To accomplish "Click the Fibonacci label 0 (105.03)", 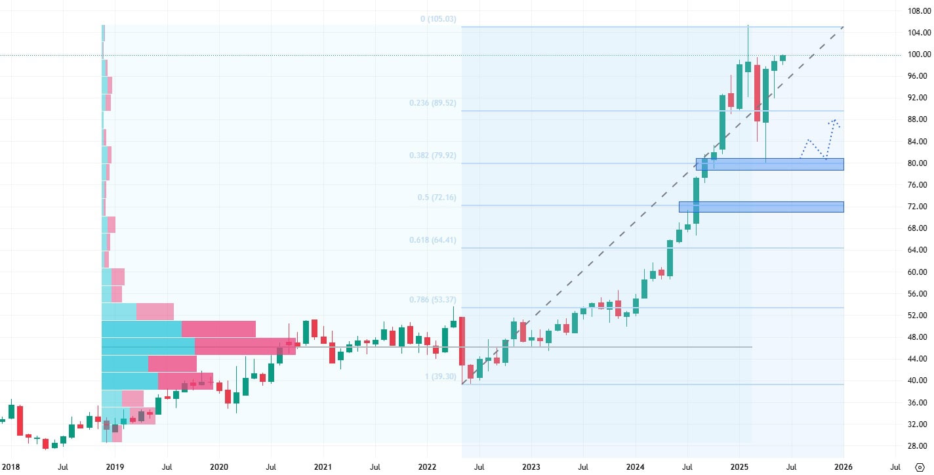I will (437, 19).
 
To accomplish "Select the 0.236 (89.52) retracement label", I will (432, 103).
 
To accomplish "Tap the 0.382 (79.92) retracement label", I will (432, 155).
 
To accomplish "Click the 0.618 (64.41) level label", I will (432, 240).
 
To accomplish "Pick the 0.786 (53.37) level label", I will (432, 300).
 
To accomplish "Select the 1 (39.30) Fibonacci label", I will (440, 377).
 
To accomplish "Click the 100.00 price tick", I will (916, 54).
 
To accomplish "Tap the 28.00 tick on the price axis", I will (916, 446).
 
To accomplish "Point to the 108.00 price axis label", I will (916, 11).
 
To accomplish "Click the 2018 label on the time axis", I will (10, 467).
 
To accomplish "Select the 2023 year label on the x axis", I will (531, 467).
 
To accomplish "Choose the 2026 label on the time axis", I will (843, 467).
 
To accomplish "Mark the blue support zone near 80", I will (769, 164).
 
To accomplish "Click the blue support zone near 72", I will (761, 207).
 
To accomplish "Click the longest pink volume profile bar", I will (245, 346).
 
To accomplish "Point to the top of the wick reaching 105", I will (748, 26).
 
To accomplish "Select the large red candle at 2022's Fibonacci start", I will (462, 341).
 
